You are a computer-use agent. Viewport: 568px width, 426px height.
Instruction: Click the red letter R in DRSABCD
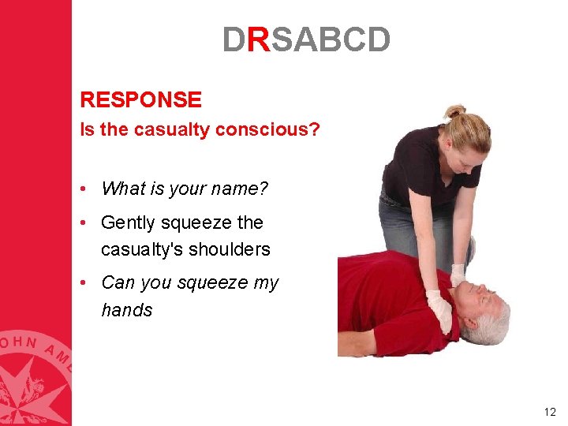pos(259,39)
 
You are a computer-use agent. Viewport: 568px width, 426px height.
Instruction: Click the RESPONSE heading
pos(140,100)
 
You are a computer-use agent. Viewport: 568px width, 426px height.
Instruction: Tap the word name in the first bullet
pos(241,189)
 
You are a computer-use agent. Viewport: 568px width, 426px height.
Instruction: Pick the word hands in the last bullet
pos(126,310)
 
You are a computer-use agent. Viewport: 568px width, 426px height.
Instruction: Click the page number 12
pos(550,412)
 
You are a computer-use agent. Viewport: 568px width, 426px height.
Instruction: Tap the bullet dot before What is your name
pos(83,189)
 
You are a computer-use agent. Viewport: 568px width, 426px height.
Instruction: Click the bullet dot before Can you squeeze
pos(83,282)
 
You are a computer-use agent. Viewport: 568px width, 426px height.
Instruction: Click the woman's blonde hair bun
pos(454,111)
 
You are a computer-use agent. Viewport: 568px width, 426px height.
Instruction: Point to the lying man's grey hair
pos(493,319)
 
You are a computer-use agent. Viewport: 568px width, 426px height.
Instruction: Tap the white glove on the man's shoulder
pos(439,310)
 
